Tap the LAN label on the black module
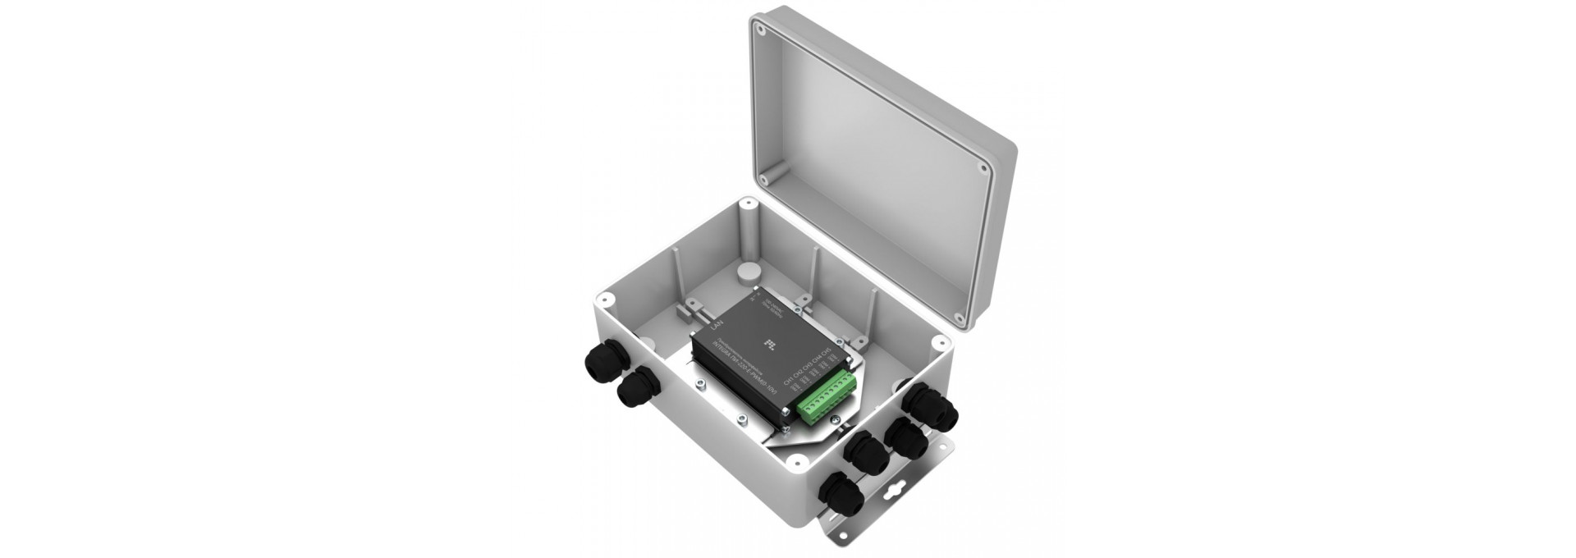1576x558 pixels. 717,327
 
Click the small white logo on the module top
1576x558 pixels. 769,341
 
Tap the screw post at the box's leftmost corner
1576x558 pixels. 603,299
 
